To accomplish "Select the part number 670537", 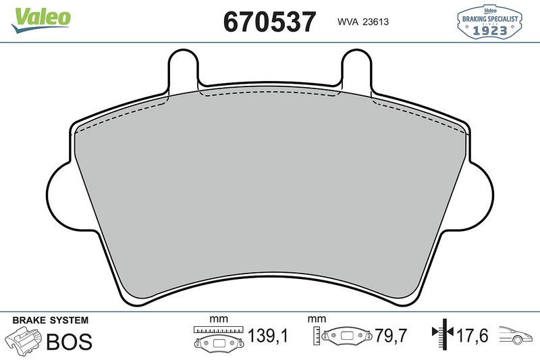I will point(269,22).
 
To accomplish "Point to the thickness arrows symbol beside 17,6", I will point(441,335).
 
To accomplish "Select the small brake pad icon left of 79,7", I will point(347,336).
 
